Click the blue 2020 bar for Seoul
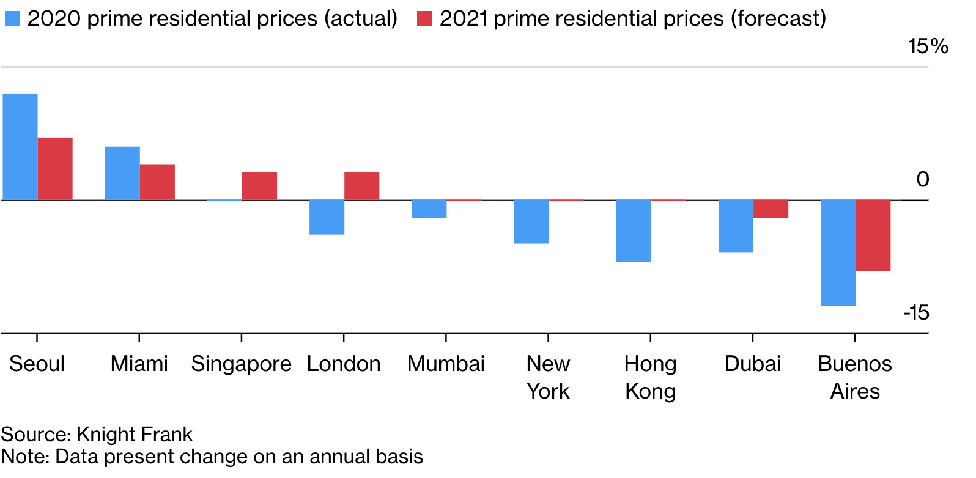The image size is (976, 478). (x=20, y=147)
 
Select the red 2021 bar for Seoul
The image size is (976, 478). (x=55, y=169)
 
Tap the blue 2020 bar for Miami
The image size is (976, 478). (x=122, y=173)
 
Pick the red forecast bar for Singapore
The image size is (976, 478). (x=259, y=186)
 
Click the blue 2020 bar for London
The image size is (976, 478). (x=327, y=217)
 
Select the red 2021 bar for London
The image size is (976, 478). (x=361, y=186)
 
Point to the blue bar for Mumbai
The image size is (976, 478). (x=429, y=208)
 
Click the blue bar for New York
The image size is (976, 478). (x=531, y=221)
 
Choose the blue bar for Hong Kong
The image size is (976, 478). (x=634, y=230)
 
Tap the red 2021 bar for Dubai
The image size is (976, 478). (x=771, y=208)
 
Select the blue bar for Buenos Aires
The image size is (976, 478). (x=838, y=252)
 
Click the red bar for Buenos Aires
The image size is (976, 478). (x=873, y=235)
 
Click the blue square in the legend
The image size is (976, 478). (x=12, y=18)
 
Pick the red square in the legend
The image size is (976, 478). (x=424, y=18)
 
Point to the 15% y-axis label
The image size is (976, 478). (x=928, y=46)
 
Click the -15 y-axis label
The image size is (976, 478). (x=916, y=312)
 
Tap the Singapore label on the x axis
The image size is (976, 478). (x=241, y=364)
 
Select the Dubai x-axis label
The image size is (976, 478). (x=752, y=364)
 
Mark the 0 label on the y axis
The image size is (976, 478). (x=923, y=180)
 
